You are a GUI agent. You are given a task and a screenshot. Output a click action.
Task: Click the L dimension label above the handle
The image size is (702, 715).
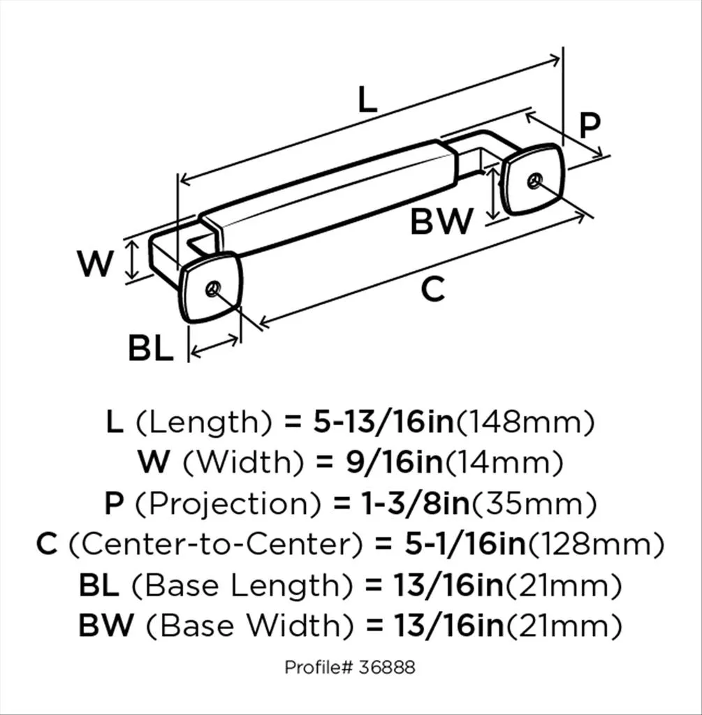367,99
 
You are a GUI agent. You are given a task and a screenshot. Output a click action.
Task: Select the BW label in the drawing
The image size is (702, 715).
441,221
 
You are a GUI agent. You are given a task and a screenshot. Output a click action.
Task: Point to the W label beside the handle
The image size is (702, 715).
94,263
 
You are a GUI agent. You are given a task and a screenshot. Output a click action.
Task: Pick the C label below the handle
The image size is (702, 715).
432,288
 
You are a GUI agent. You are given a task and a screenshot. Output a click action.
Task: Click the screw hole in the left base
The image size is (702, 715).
212,288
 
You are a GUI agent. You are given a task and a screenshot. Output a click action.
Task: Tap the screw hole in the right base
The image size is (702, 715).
533,181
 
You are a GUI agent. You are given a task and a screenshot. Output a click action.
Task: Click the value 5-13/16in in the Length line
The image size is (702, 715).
383,422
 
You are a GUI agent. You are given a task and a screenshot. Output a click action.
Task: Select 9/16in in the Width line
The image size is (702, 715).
394,462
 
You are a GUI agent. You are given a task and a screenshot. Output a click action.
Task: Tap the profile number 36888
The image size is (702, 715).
387,668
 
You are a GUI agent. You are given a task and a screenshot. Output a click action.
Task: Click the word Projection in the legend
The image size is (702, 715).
228,504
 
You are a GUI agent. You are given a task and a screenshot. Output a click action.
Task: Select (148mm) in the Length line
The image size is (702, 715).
525,422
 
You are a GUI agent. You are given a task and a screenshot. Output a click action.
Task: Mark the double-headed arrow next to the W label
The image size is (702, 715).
132,260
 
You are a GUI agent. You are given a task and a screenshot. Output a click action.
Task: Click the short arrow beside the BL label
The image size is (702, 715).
214,346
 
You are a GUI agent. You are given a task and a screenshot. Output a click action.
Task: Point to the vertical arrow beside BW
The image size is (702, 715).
492,193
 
